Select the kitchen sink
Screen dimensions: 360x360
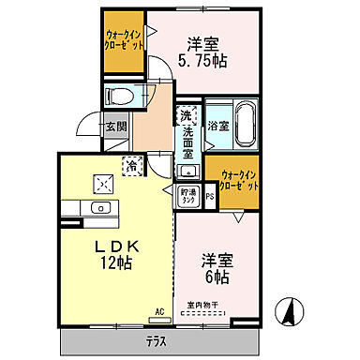99,207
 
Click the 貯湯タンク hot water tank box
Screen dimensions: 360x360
188,195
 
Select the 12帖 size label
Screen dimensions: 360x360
117,263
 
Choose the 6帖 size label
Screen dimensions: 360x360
217,277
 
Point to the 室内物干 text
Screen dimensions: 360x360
202,305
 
